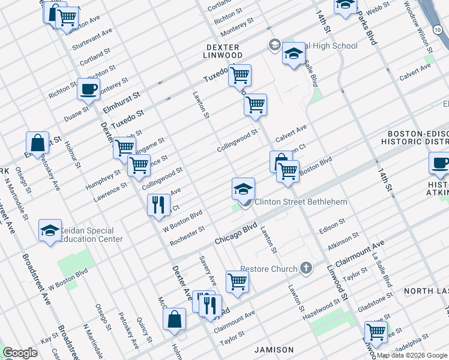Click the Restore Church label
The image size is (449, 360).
click(x=268, y=269)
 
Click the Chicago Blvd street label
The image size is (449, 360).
click(x=236, y=234)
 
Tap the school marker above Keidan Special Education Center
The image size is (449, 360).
click(x=50, y=230)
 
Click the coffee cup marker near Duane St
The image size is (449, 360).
click(x=88, y=90)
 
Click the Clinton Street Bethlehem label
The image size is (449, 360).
click(x=301, y=202)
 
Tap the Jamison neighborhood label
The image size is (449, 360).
click(x=274, y=349)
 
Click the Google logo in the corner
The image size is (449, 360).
click(x=20, y=353)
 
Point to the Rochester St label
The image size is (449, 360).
click(x=187, y=235)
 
